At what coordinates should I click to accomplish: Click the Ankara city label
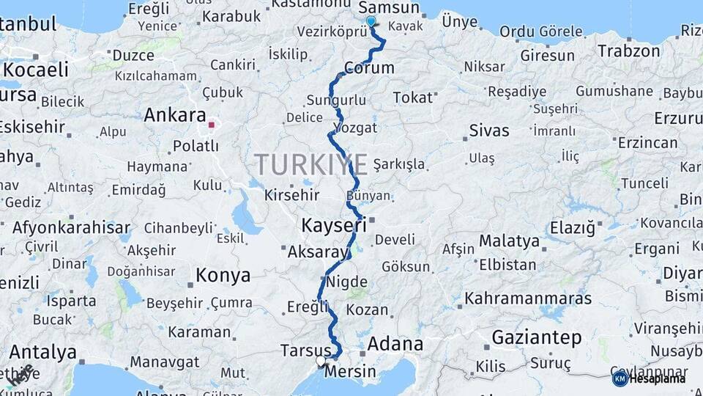click(174, 115)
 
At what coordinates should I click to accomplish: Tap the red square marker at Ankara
click(212, 125)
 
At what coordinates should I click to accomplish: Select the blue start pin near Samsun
click(371, 22)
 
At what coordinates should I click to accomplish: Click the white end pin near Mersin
click(321, 361)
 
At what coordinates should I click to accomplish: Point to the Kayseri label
click(334, 224)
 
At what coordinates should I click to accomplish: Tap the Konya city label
click(223, 276)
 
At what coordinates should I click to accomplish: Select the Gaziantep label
click(537, 338)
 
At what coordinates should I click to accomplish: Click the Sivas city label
click(489, 131)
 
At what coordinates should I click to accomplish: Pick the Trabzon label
click(628, 51)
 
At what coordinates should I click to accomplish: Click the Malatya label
click(509, 241)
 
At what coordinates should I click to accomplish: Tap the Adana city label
click(395, 344)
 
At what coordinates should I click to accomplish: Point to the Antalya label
click(42, 352)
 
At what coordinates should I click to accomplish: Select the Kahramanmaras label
click(528, 298)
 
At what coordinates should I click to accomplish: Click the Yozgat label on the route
click(355, 128)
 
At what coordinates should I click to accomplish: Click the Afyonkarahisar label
click(71, 227)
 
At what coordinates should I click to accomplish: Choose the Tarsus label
click(306, 351)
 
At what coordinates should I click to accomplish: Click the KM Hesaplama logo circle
click(620, 378)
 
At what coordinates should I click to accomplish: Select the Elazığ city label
click(573, 228)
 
